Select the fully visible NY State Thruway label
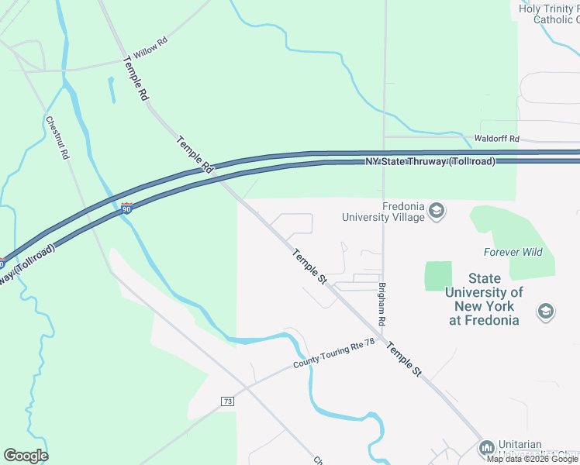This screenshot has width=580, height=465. coord(430,161)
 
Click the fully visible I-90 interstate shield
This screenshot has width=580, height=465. coord(127,208)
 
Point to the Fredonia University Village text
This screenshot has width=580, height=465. coord(384,212)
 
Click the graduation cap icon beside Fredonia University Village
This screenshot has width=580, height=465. coord(437,211)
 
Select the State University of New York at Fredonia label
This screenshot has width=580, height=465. coord(484,299)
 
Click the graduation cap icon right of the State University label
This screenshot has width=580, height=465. coord(546,312)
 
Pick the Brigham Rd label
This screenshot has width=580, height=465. coord(382,303)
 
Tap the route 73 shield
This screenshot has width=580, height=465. coord(227,401)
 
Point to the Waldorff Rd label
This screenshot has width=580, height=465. coord(496,138)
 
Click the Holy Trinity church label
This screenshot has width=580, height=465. coord(549,14)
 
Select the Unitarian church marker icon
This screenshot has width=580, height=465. coord(486,447)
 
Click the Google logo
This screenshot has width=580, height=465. coord(26,456)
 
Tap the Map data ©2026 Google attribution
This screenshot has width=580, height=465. coord(532,459)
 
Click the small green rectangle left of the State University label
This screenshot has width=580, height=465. coord(438,276)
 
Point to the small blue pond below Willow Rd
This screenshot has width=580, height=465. coord(112,90)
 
